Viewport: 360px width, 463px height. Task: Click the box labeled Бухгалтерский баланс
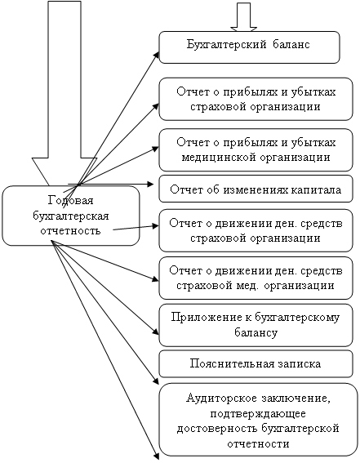(249, 47)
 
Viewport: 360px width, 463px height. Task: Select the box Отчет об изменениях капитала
(256, 189)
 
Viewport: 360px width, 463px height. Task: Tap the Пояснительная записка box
(256, 364)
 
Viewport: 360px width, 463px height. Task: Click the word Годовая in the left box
(70, 201)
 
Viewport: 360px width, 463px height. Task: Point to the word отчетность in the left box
(70, 230)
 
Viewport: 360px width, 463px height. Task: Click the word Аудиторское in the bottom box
(222, 398)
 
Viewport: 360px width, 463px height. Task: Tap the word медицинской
(219, 157)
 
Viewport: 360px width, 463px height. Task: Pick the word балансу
(256, 333)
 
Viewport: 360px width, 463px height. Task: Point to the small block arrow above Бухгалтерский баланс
(244, 16)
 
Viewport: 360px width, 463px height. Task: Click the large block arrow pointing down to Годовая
(64, 93)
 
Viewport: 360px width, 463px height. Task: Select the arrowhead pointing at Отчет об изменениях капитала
(150, 185)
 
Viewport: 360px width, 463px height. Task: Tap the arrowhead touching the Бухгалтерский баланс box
(156, 56)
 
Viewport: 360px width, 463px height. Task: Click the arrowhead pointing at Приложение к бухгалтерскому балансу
(156, 332)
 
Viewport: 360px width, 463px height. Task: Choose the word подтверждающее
(258, 413)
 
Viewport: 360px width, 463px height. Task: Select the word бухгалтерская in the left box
(70, 216)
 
